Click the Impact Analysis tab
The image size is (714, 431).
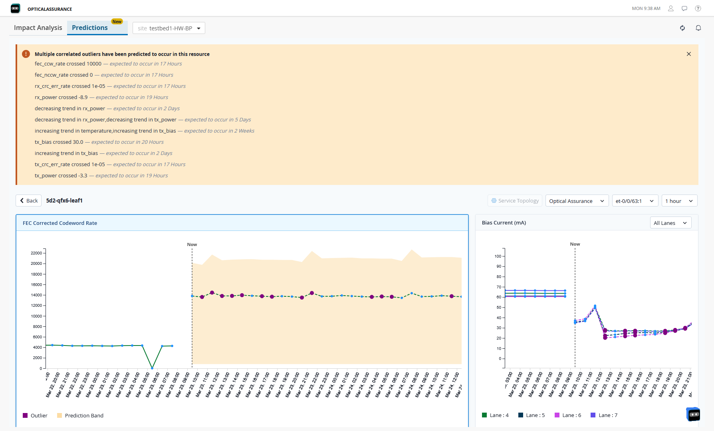tap(38, 28)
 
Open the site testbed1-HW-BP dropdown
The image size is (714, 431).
tap(169, 28)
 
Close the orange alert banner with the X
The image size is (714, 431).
tap(688, 54)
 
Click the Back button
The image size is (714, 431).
tap(29, 201)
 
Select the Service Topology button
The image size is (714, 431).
tap(515, 201)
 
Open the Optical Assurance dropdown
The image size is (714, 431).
tap(576, 201)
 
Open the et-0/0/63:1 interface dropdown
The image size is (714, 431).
tap(634, 201)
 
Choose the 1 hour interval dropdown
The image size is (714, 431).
tap(679, 201)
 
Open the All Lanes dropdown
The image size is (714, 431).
tap(670, 223)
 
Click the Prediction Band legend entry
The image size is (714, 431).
tap(80, 415)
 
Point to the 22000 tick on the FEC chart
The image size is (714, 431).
tap(36, 253)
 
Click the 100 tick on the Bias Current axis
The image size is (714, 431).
tap(498, 256)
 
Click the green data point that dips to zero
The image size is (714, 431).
tap(152, 368)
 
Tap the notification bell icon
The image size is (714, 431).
tap(698, 28)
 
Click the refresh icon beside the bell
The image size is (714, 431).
tap(682, 28)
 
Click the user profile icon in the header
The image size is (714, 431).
tap(671, 8)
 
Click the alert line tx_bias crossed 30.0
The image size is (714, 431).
tap(59, 142)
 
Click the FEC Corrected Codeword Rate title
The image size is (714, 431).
tap(60, 223)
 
